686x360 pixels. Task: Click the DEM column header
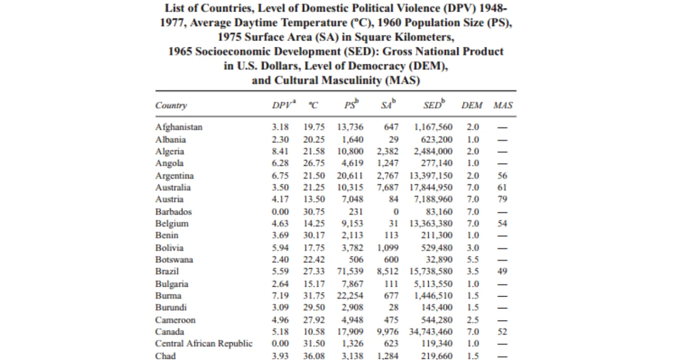coord(472,105)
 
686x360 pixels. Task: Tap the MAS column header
coord(503,105)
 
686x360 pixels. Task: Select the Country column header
coord(171,105)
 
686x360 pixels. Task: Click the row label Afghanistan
coord(179,127)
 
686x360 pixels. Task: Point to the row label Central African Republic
coord(204,343)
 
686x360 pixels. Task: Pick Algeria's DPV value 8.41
coord(280,151)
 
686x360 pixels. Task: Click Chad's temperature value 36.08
coord(314,356)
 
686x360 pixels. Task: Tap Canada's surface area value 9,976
coord(388,332)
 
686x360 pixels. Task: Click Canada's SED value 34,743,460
coord(431,332)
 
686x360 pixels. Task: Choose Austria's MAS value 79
coord(502,199)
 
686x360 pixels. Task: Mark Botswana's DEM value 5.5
coord(473,260)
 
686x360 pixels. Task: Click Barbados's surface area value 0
coord(396,212)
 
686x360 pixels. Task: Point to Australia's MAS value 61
coord(502,187)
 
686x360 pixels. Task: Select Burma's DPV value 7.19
coord(280,296)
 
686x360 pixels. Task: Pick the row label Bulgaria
coord(171,284)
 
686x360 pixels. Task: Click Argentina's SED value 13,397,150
coord(431,176)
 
